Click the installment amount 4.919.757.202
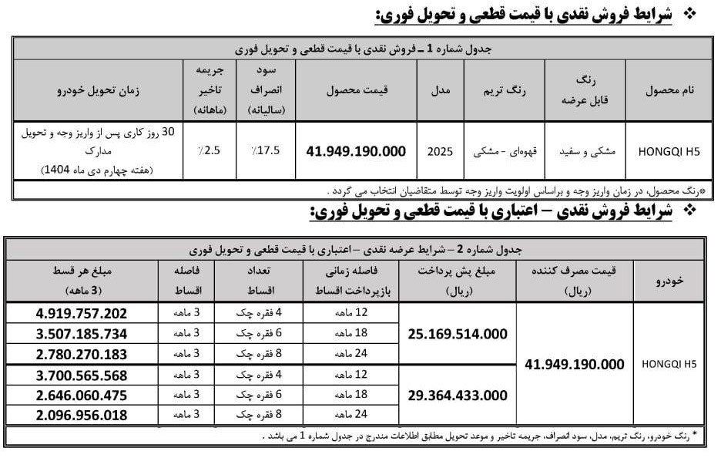click(81, 314)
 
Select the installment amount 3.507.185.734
click(81, 334)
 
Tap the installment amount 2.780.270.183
click(81, 355)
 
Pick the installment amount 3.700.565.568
click(81, 375)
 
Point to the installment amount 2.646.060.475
click(81, 395)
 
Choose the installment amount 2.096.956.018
click(81, 415)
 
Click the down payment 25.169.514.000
click(458, 334)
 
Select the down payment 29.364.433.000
click(458, 395)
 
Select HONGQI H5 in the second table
click(668, 365)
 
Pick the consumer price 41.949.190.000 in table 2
click(573, 365)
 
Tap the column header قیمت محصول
click(356, 89)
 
